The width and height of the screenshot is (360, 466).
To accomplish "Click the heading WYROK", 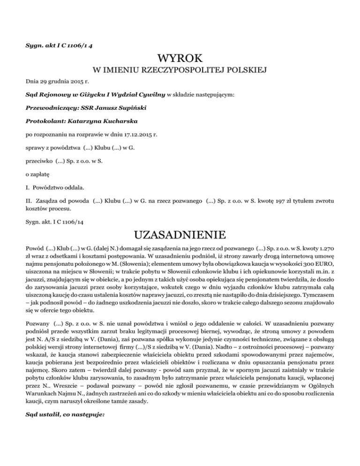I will pyautogui.click(x=180, y=59).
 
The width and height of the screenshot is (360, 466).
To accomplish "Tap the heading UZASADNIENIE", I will pyautogui.click(x=180, y=233).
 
